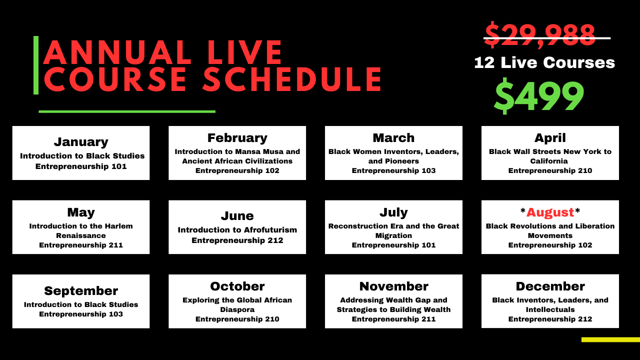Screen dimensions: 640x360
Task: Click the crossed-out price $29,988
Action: click(540, 35)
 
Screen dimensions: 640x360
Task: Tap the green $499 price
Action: click(539, 96)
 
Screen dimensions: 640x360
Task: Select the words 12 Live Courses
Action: click(544, 62)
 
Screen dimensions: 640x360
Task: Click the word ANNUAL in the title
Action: click(117, 52)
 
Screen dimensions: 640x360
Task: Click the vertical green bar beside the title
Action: click(36, 65)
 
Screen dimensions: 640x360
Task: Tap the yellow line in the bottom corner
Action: click(610, 339)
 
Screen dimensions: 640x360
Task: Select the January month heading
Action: click(81, 142)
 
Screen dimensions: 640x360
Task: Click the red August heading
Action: click(550, 212)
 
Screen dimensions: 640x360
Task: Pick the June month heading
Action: click(237, 215)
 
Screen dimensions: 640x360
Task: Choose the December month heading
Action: click(550, 286)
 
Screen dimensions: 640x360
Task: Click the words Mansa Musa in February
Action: click(252, 151)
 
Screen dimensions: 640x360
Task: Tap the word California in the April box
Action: click(549, 161)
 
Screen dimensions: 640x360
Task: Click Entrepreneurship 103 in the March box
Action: click(393, 170)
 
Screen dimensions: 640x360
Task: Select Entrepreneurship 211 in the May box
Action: click(81, 245)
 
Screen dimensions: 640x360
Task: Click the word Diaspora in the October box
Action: click(237, 309)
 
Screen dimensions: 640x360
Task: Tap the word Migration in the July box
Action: click(393, 235)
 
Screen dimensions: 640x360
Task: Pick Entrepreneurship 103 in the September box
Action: click(81, 314)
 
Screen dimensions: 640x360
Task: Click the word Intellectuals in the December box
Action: click(550, 309)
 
